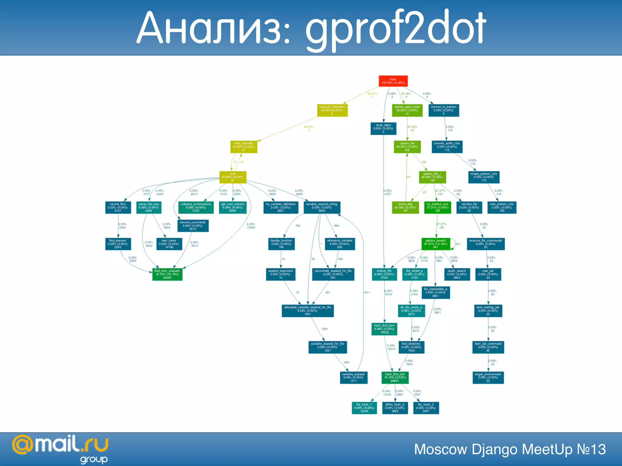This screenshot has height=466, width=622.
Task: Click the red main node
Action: (393, 81)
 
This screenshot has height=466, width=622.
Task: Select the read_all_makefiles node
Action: (332, 110)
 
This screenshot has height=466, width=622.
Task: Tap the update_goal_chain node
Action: (407, 110)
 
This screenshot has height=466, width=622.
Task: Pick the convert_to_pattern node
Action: (443, 110)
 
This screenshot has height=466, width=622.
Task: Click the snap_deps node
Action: (383, 129)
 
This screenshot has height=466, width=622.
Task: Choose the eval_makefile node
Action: (244, 147)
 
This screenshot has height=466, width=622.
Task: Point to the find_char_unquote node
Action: (167, 274)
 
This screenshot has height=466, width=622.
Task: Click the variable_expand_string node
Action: (322, 208)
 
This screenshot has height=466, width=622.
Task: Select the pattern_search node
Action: (436, 244)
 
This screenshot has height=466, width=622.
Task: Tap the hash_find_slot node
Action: (395, 377)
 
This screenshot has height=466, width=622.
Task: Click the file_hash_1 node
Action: (364, 408)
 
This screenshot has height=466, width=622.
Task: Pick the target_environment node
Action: (488, 377)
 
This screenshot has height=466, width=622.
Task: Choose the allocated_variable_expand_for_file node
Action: (308, 311)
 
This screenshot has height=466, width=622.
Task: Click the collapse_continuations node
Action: (196, 208)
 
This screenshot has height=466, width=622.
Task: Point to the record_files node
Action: (118, 208)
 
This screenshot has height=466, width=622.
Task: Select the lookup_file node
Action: (384, 274)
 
